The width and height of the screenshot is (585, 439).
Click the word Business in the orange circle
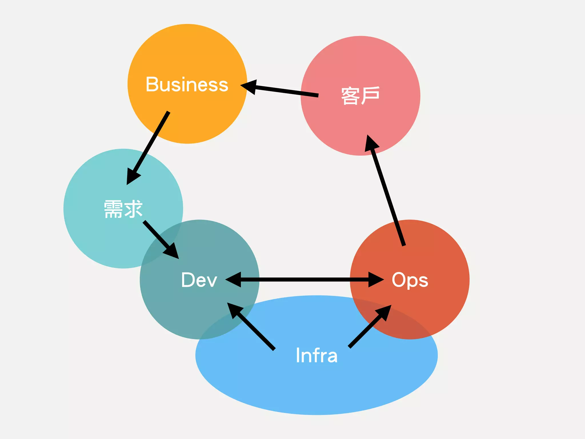(x=187, y=84)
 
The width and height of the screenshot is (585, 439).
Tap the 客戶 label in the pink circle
(x=360, y=96)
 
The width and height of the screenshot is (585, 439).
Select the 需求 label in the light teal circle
(x=123, y=209)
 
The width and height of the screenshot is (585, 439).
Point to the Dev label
(x=199, y=280)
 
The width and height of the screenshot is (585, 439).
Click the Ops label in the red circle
(x=410, y=280)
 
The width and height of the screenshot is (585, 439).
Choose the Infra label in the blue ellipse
(x=316, y=355)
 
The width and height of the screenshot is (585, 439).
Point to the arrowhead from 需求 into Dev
(x=172, y=252)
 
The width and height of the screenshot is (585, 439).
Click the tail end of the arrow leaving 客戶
(x=318, y=95)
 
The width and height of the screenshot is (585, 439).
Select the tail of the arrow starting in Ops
(x=404, y=245)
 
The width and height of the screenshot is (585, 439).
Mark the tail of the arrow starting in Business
(x=169, y=112)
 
